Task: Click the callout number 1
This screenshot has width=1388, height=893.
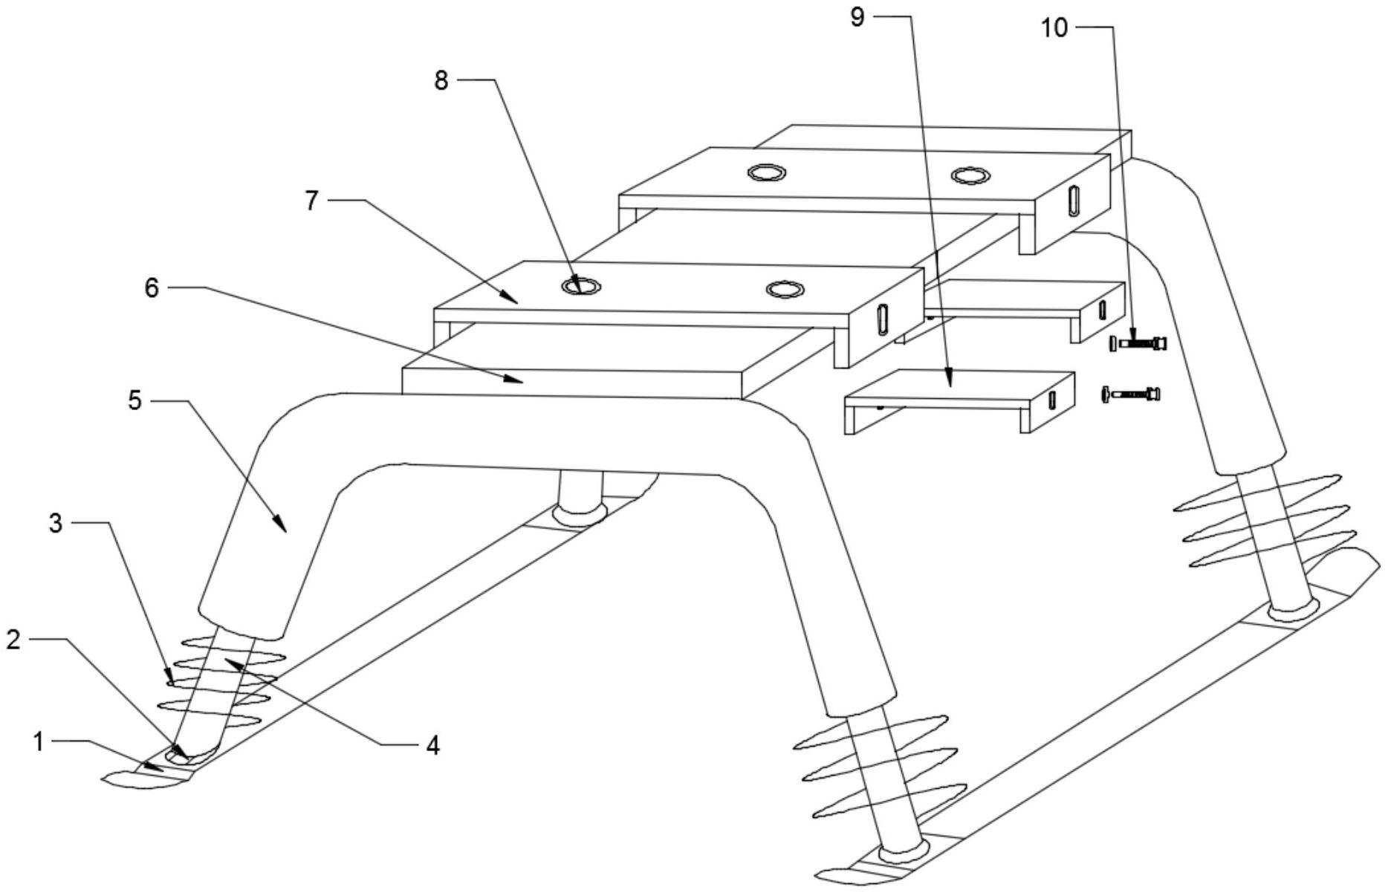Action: pos(38,741)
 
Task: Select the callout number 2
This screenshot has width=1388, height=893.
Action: pos(13,640)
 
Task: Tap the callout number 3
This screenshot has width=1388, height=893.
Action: pos(56,523)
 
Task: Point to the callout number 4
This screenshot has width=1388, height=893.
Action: pos(433,744)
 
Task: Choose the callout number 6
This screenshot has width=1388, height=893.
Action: pos(152,288)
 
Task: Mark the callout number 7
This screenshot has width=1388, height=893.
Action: pos(311,201)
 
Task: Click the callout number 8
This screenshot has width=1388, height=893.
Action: pos(441,80)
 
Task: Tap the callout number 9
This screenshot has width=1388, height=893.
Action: pos(857,16)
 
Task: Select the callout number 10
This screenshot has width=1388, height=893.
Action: pos(1054,28)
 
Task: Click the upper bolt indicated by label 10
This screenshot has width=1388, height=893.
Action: pos(1138,344)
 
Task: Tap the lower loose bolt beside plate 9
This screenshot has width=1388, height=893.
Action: pos(1131,394)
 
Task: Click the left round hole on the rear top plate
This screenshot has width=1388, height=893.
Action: pos(767,173)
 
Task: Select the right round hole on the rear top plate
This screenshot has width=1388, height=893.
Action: pos(970,175)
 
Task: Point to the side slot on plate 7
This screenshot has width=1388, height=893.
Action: pos(882,321)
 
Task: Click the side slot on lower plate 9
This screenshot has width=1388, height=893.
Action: pos(1053,400)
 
